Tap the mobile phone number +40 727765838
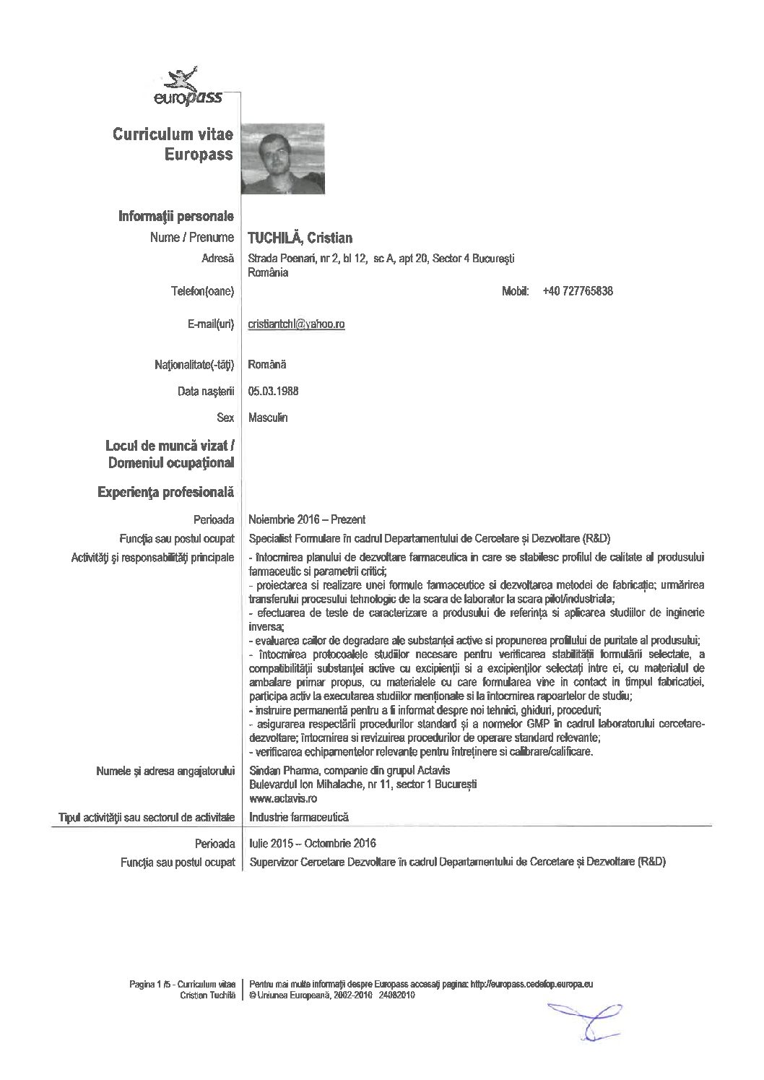577,291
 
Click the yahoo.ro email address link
296,324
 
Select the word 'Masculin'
267,418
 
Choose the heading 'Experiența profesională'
165,492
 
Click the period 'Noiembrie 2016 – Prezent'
306,519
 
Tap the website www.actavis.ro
282,798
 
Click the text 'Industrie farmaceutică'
298,817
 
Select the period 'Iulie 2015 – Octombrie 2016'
312,843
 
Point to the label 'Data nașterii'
206,392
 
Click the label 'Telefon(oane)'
201,291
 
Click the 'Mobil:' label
516,291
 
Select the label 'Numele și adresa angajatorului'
165,771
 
